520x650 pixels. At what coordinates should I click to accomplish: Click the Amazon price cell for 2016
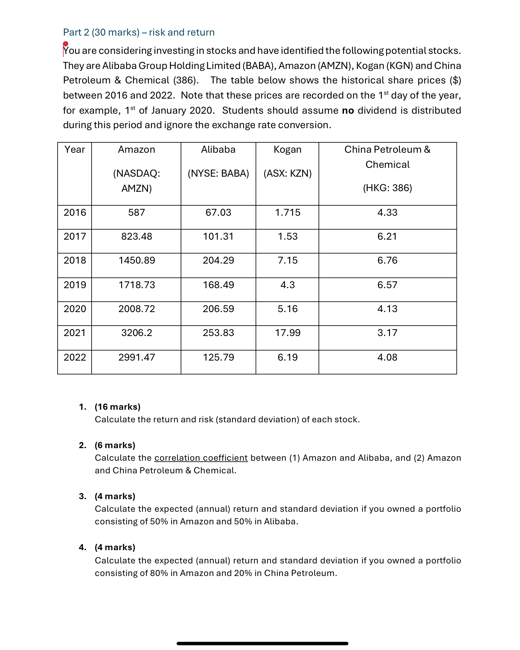click(x=136, y=213)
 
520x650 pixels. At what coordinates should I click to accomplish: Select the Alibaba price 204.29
click(x=218, y=260)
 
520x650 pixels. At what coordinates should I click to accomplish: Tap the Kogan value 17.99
click(x=287, y=333)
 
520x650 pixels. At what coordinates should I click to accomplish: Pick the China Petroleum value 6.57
click(x=387, y=285)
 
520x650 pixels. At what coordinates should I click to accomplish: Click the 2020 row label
click(x=75, y=309)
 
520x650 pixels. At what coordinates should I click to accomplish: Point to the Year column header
click(x=75, y=150)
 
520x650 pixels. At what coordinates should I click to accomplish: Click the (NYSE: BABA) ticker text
click(x=218, y=174)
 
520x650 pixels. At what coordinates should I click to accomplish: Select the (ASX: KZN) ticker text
click(x=287, y=174)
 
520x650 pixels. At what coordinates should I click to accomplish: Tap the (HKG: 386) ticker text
click(x=387, y=188)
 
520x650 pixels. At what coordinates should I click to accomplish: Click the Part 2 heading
click(x=139, y=32)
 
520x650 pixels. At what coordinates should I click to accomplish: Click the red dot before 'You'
click(x=65, y=44)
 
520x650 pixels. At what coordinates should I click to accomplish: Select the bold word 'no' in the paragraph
click(x=348, y=111)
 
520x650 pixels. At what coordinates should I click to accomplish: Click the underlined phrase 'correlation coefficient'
click(x=201, y=458)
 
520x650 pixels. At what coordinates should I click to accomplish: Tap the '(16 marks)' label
click(x=117, y=407)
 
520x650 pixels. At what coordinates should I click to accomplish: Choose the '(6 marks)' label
click(x=115, y=445)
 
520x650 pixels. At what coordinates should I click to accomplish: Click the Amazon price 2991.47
click(x=136, y=357)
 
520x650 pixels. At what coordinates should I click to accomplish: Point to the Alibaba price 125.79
click(x=218, y=357)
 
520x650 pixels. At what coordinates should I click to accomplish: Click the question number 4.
click(x=82, y=547)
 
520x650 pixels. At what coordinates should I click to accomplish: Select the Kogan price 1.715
click(x=287, y=213)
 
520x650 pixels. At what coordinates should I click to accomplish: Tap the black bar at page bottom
click(x=262, y=643)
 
